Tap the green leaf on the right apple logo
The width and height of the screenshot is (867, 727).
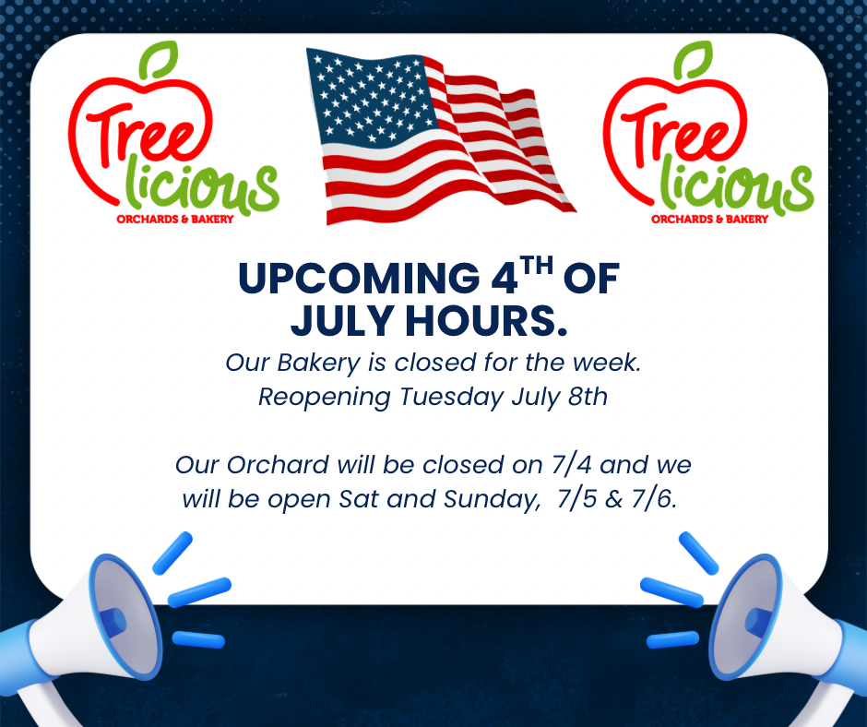click(693, 60)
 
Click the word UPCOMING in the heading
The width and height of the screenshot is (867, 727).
click(359, 279)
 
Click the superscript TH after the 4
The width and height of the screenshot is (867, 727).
click(537, 266)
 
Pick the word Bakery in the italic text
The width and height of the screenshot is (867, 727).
click(318, 363)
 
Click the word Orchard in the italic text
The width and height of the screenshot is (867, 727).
click(279, 465)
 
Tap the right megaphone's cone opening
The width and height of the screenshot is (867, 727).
click(746, 616)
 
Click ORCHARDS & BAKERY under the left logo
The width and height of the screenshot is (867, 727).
click(174, 219)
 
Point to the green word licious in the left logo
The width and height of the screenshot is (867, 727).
click(202, 185)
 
